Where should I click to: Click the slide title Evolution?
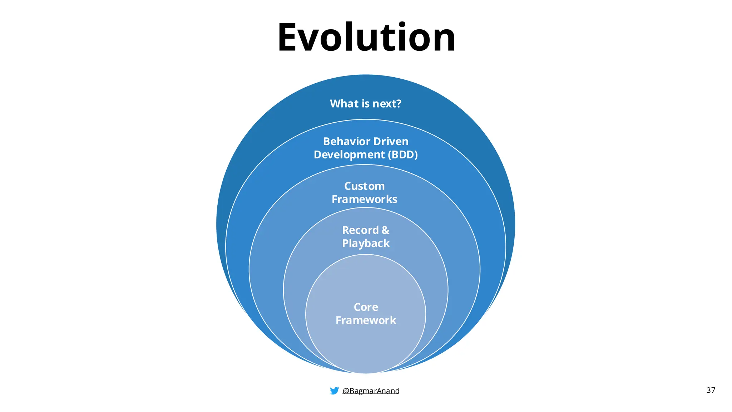point(366,38)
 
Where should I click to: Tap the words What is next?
point(365,103)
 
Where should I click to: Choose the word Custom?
point(364,186)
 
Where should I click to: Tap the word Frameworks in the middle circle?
point(364,199)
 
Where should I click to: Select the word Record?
point(360,230)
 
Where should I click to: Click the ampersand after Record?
point(385,230)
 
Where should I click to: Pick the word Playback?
point(366,243)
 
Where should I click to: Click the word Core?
point(366,307)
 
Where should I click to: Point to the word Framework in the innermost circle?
point(366,320)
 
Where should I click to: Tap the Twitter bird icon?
point(334,391)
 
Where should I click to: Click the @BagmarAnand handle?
point(371,391)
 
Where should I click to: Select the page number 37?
point(711,390)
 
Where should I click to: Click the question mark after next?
point(399,103)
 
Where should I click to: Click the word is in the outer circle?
point(365,103)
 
